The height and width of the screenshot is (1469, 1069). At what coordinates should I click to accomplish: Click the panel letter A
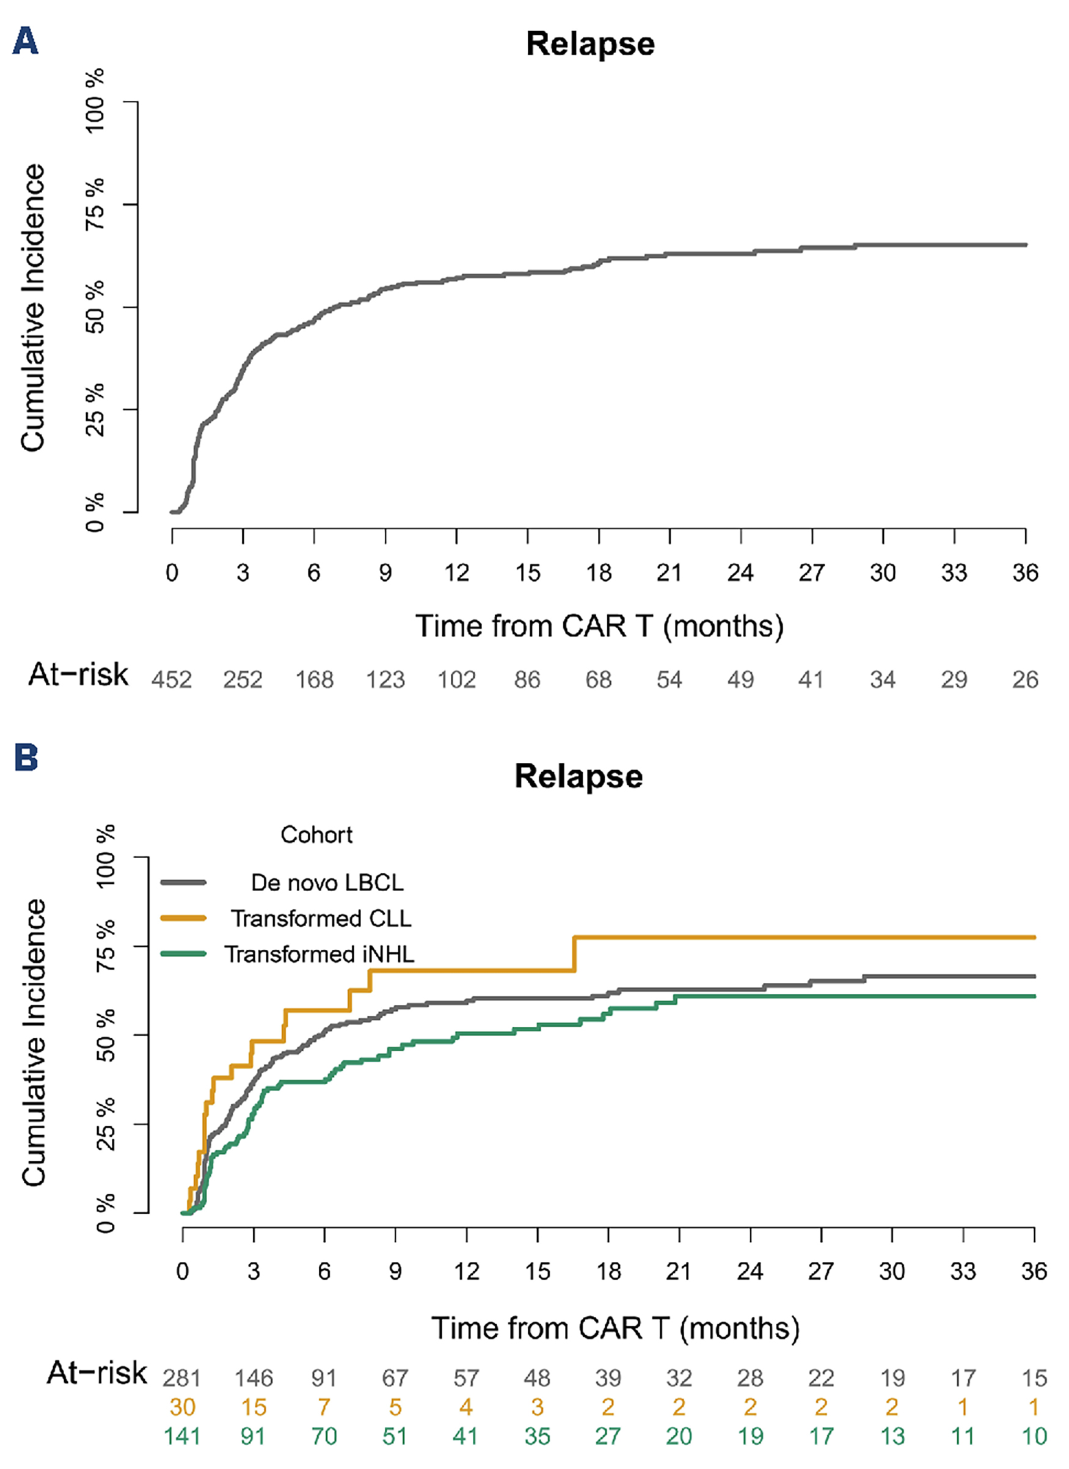click(25, 42)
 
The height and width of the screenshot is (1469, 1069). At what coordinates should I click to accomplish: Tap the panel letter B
click(26, 757)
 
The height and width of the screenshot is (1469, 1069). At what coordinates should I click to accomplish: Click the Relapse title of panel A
click(589, 44)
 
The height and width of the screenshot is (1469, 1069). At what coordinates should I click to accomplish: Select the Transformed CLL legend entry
click(320, 919)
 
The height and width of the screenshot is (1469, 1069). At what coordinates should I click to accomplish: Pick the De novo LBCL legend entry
click(327, 882)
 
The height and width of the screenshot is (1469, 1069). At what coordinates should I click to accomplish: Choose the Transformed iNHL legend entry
click(319, 954)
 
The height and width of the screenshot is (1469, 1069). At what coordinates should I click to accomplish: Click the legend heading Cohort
click(316, 835)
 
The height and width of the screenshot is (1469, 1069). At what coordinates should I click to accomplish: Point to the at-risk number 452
click(172, 679)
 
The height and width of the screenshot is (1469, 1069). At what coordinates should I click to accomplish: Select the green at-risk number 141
click(182, 1437)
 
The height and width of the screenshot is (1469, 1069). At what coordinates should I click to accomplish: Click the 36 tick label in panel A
click(1025, 572)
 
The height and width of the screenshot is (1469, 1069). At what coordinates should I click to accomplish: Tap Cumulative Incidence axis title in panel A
click(32, 307)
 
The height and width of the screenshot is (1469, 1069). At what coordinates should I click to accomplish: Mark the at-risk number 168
click(314, 679)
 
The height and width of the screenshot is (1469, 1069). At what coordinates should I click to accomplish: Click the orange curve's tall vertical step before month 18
click(574, 953)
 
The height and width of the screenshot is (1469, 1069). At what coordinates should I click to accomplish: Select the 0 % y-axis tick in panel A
click(95, 512)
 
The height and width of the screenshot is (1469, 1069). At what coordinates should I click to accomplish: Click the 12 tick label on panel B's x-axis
click(466, 1272)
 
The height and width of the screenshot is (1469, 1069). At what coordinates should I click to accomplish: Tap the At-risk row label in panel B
click(97, 1372)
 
